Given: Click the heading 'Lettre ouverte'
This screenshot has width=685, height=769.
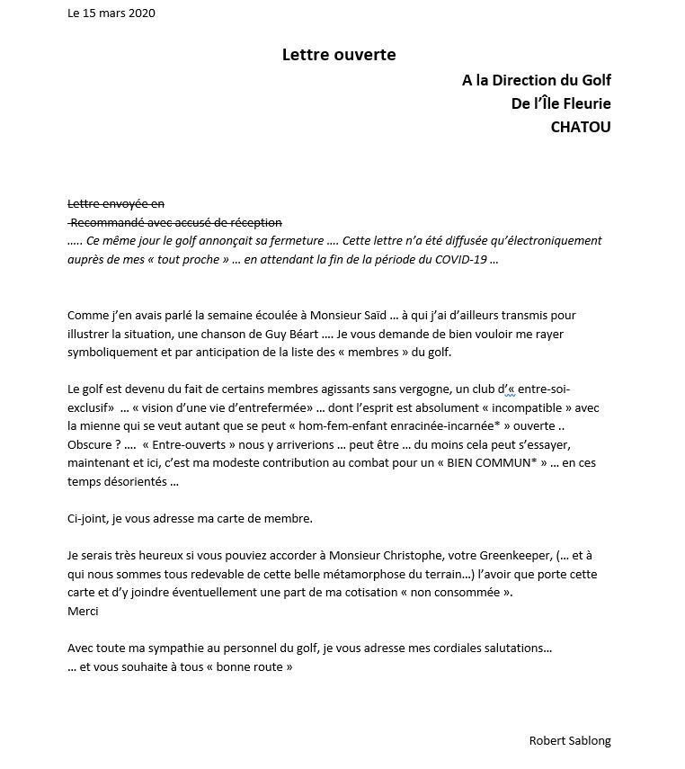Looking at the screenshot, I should (339, 55).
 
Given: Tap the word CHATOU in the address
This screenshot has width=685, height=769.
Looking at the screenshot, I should (580, 127).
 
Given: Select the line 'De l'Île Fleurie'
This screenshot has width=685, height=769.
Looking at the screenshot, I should (560, 103).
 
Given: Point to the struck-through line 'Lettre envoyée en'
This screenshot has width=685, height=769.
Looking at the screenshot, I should (116, 204).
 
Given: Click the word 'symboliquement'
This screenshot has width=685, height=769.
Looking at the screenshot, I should (111, 352).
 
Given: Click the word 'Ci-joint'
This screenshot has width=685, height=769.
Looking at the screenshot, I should (88, 518).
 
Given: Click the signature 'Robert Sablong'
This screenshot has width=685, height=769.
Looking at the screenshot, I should (570, 740).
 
